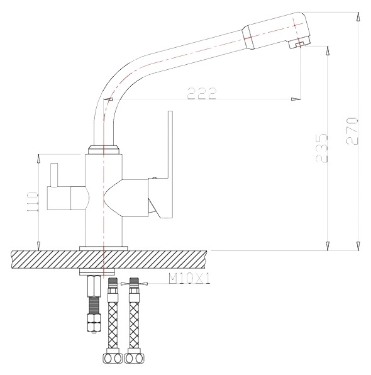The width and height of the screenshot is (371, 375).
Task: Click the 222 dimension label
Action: tap(201, 93)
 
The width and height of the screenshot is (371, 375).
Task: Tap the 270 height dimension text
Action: tap(352, 131)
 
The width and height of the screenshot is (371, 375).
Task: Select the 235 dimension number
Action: tap(321, 148)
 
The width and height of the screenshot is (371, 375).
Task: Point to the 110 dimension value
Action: tap(33, 202)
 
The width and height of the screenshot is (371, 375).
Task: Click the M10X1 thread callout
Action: tap(189, 279)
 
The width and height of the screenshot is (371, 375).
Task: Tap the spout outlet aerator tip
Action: tap(299, 44)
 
